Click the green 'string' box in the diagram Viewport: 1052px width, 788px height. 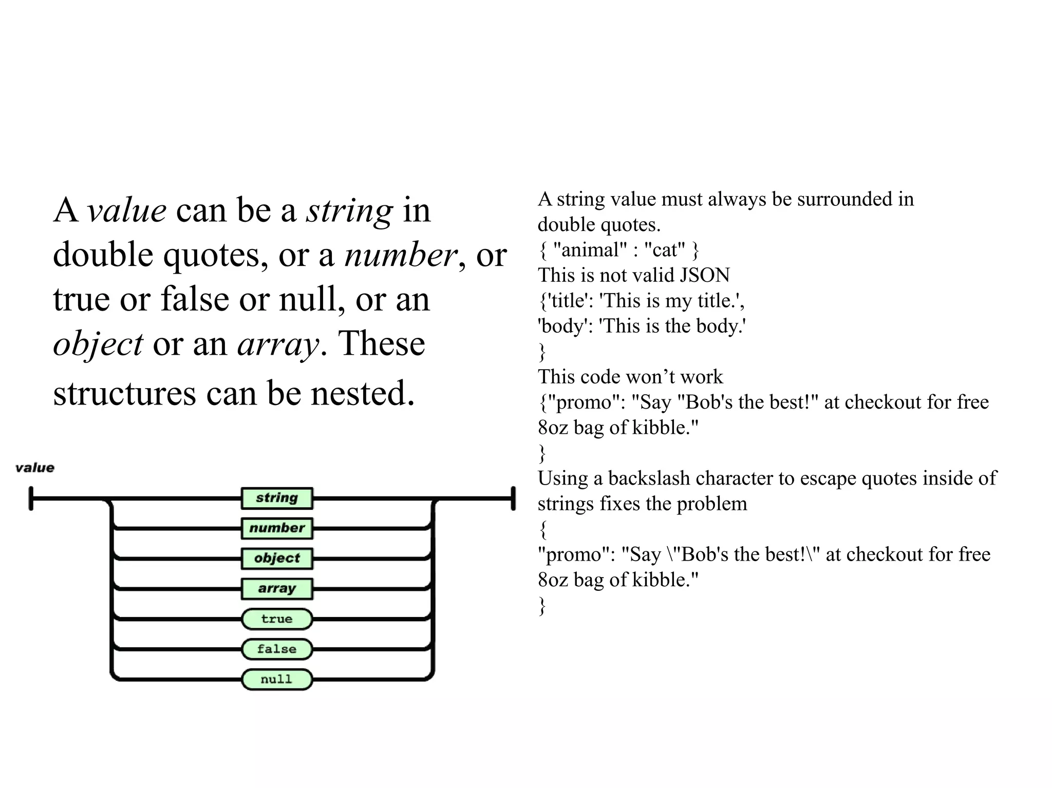pyautogui.click(x=277, y=498)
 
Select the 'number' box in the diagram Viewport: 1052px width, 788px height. pyautogui.click(x=277, y=528)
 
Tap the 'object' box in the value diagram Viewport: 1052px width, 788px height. pyautogui.click(x=277, y=559)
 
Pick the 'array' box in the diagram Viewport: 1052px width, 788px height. pyautogui.click(x=277, y=589)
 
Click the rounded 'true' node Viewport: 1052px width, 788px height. pyautogui.click(x=277, y=619)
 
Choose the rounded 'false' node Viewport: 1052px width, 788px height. pyautogui.click(x=277, y=649)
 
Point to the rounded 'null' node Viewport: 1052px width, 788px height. pyautogui.click(x=277, y=680)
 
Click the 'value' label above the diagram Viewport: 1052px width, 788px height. pyautogui.click(x=35, y=468)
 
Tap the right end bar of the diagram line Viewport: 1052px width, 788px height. pyautogui.click(x=513, y=498)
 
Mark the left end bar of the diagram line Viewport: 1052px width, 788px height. pyautogui.click(x=31, y=498)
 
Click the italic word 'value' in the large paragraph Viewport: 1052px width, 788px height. pyautogui.click(x=126, y=210)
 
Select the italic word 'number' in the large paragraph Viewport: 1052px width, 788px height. pyautogui.click(x=400, y=255)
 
